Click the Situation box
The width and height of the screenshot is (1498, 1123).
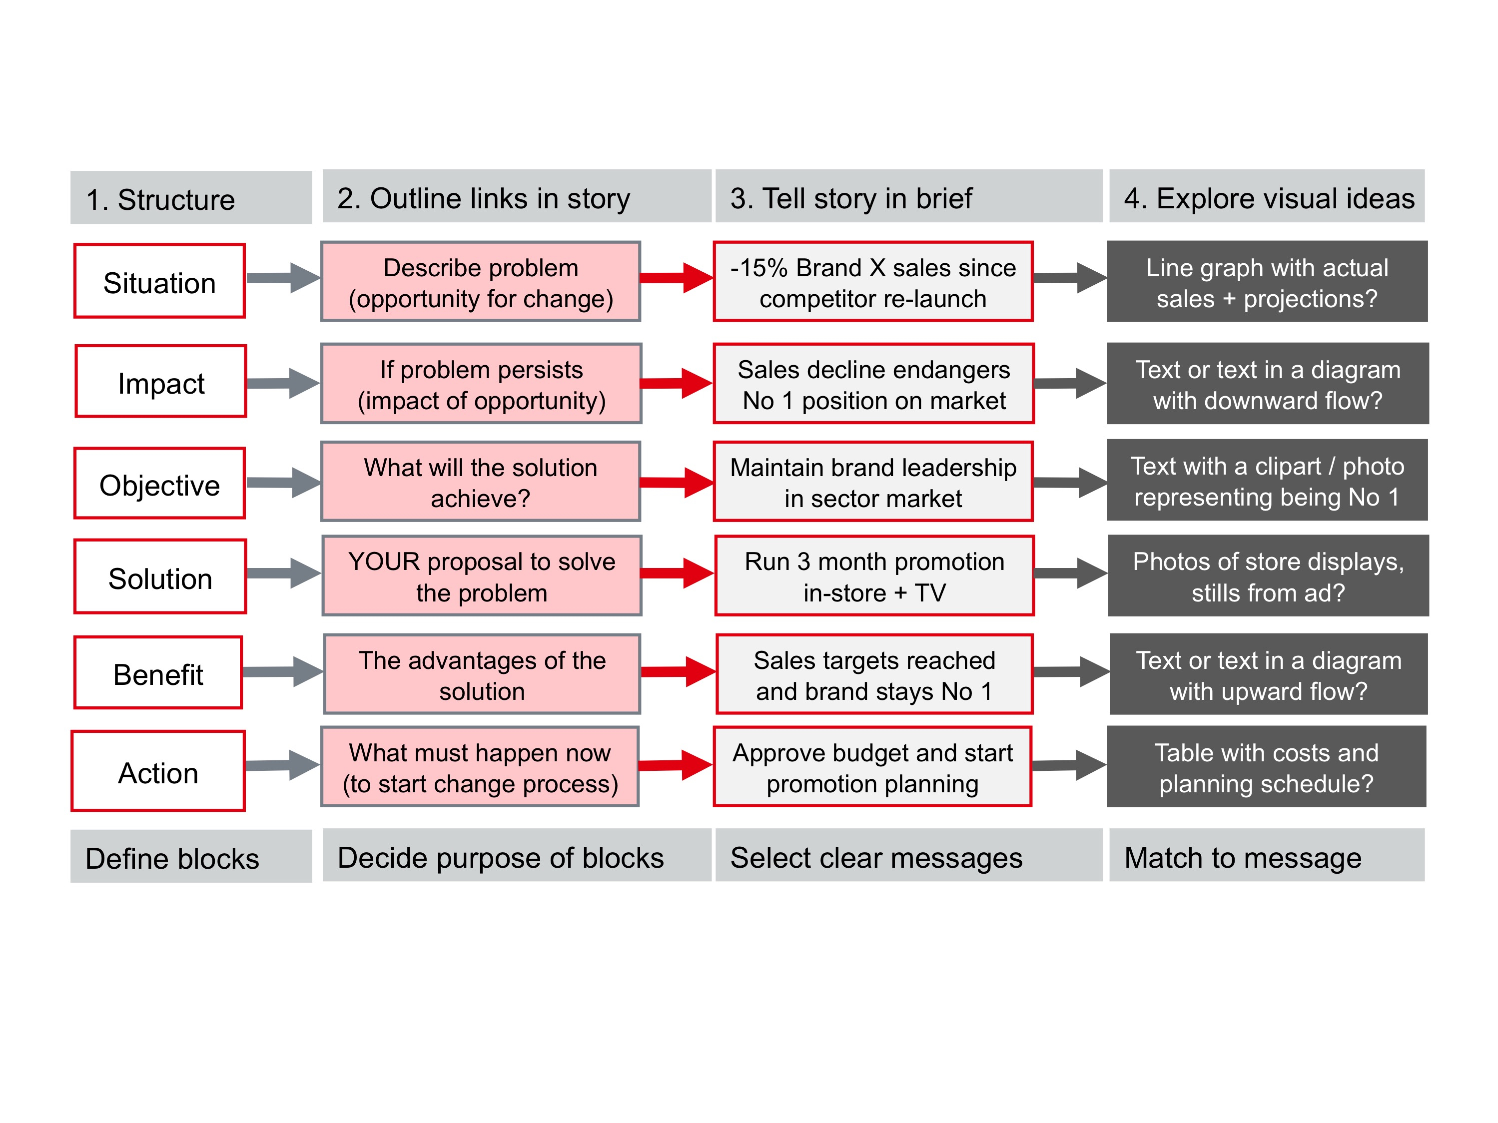(160, 281)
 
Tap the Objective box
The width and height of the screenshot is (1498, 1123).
(160, 483)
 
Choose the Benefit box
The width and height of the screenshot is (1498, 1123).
(158, 673)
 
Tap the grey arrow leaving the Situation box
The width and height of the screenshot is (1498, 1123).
(283, 278)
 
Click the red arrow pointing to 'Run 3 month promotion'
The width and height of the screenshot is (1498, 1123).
(677, 572)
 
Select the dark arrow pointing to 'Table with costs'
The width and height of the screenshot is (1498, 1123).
(1069, 765)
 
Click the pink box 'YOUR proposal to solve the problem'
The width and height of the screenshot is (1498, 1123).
(482, 576)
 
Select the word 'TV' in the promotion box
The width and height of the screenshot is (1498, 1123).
(930, 593)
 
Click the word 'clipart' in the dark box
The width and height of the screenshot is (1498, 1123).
(1287, 467)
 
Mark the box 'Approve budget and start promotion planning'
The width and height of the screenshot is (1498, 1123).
(872, 767)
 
